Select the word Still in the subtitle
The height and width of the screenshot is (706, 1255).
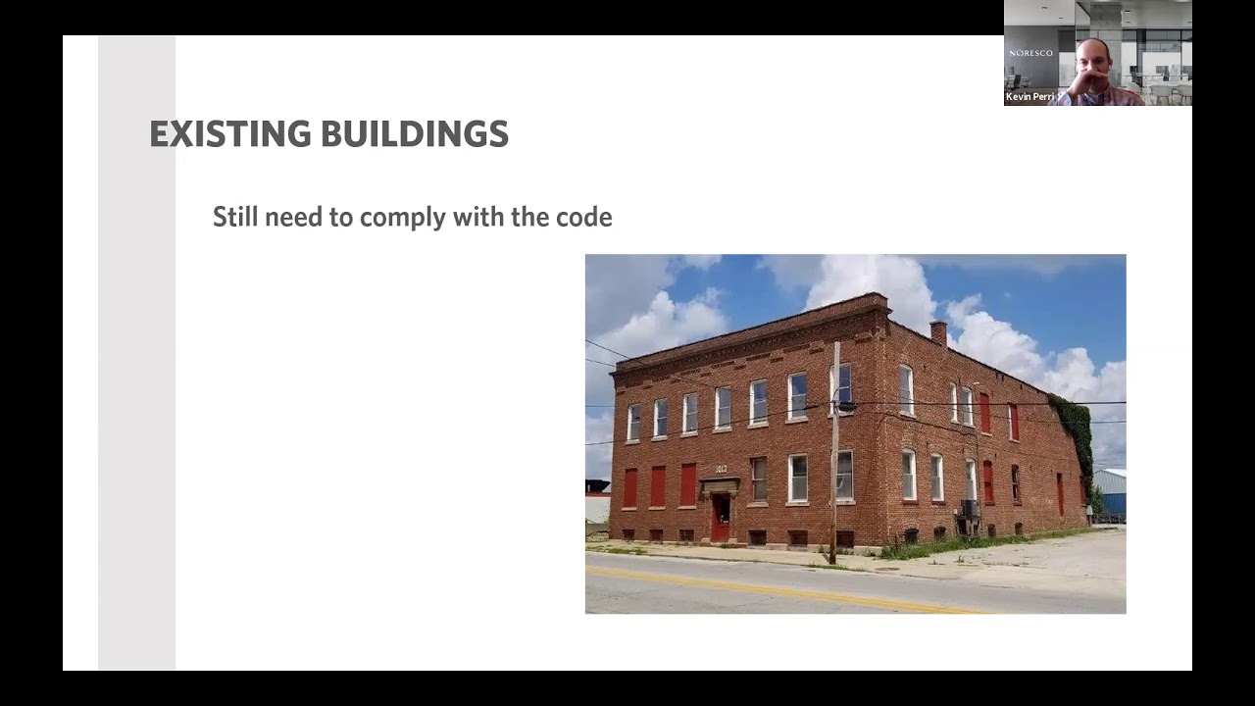pyautogui.click(x=235, y=217)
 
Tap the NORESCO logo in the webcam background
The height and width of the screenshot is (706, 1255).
pyautogui.click(x=1029, y=53)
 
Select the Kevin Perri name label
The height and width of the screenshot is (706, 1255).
pyautogui.click(x=1029, y=97)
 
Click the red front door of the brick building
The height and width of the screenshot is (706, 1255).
pyautogui.click(x=721, y=518)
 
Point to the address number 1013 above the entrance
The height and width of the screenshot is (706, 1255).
pyautogui.click(x=721, y=470)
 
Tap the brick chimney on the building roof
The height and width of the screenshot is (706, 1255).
pyautogui.click(x=938, y=332)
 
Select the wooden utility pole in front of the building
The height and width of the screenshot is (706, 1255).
pyautogui.click(x=835, y=451)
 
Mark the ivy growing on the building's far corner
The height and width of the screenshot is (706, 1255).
pyautogui.click(x=1076, y=431)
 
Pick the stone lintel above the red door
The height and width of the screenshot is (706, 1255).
pyautogui.click(x=721, y=484)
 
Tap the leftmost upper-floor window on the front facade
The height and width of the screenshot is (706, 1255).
pyautogui.click(x=633, y=423)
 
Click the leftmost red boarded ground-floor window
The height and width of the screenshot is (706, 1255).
pyautogui.click(x=629, y=487)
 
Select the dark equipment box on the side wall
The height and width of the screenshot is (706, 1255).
pyautogui.click(x=970, y=509)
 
